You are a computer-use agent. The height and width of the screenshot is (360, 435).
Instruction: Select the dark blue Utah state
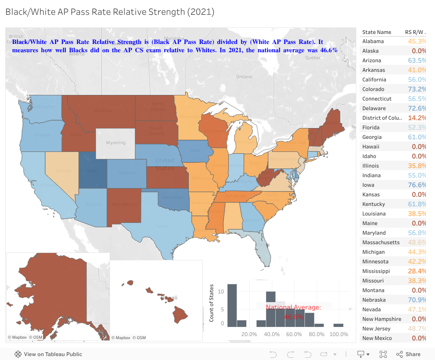point(92,170)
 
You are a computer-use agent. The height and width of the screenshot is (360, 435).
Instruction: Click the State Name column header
point(377,32)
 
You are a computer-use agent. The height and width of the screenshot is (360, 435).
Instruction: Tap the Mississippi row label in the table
point(376,271)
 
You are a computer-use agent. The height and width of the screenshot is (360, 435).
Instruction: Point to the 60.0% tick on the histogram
point(294,334)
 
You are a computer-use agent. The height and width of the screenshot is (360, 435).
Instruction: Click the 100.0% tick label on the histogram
point(339,334)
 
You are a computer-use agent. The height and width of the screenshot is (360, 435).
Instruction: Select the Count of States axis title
point(212,303)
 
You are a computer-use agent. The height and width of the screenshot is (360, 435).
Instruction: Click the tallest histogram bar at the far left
point(232,305)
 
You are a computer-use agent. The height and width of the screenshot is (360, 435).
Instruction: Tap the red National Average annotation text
point(294,308)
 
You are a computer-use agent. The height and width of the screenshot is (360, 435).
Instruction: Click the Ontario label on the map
point(244,77)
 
